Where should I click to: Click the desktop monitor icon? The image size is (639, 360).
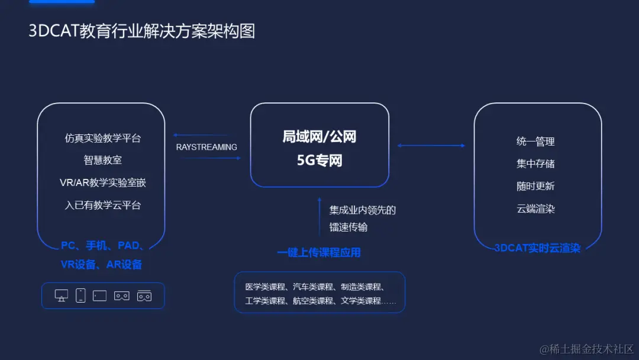[x=61, y=295]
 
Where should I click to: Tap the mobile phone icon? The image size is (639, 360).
[x=80, y=295]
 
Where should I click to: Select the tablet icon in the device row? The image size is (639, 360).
[x=99, y=295]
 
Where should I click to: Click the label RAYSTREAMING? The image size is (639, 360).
[x=206, y=147]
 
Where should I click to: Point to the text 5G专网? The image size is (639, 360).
[x=319, y=160]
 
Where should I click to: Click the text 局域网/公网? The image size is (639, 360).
[x=319, y=137]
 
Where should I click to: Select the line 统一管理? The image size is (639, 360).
[x=535, y=142]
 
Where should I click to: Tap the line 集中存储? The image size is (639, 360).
[x=535, y=163]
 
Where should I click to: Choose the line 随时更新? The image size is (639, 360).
[x=535, y=186]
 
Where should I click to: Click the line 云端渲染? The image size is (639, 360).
[x=535, y=208]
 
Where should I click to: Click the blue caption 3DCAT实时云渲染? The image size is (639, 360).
[x=537, y=248]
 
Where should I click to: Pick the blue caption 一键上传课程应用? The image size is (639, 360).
[x=319, y=253]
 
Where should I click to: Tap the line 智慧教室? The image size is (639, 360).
[x=103, y=160]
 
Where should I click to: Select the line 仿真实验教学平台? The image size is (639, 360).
[x=103, y=138]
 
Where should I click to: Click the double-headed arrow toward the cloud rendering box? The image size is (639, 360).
[x=431, y=146]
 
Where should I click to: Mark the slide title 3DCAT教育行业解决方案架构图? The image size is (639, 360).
[x=142, y=31]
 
